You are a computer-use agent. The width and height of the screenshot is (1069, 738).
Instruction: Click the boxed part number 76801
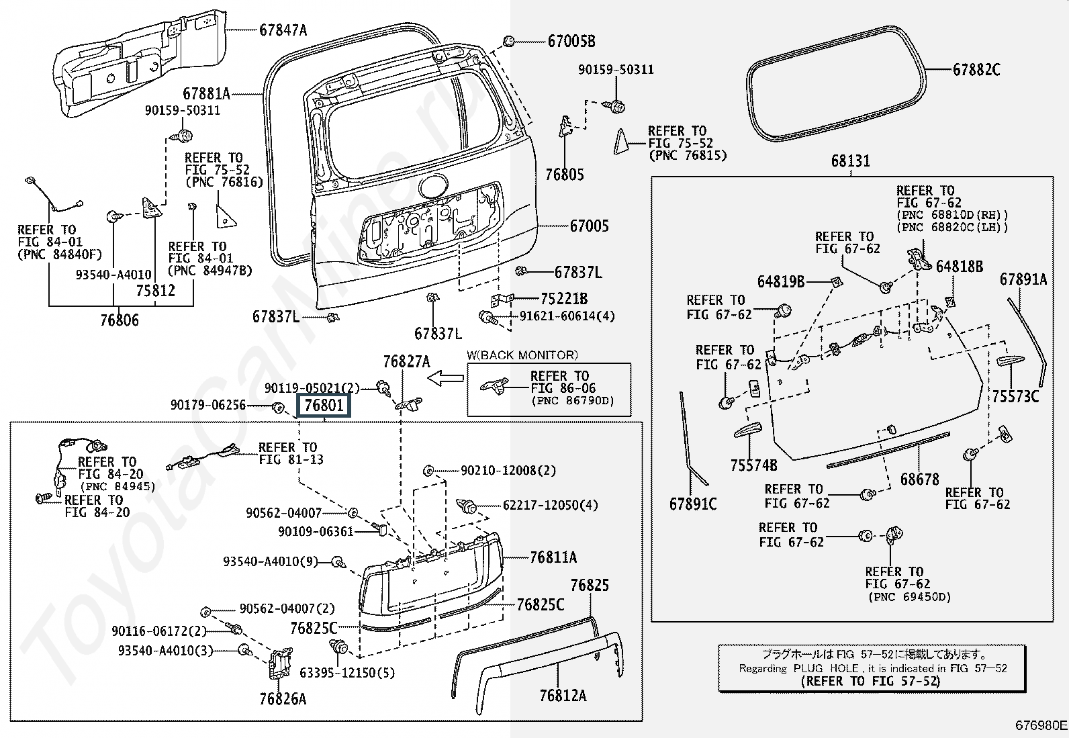pos(324,406)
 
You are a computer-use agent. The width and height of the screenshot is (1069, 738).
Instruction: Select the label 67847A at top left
pos(283,30)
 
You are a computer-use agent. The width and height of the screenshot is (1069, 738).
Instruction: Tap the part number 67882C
pos(976,69)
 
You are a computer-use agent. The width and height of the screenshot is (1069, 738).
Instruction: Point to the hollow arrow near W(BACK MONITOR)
pos(445,379)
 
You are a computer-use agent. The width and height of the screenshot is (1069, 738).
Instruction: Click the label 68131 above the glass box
pos(850,161)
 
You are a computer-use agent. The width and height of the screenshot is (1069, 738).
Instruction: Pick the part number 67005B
pos(571,41)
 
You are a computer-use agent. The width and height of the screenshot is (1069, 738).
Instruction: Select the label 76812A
pos(563,696)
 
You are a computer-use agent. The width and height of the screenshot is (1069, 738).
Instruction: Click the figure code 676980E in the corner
pos(1040,725)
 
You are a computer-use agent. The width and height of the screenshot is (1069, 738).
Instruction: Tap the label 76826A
pos(283,699)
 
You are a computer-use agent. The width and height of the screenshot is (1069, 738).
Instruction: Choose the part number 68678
pos(919,479)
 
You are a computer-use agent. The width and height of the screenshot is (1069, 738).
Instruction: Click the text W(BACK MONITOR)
pos(522,355)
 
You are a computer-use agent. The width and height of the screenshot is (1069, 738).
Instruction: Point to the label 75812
pos(155,290)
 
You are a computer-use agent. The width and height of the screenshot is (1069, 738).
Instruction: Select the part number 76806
pos(120,320)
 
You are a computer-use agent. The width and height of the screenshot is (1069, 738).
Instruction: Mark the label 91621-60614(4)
pos(567,316)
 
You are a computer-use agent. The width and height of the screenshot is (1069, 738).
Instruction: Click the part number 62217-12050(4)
pos(550,505)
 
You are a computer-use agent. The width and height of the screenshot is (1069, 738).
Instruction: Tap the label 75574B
pos(753,465)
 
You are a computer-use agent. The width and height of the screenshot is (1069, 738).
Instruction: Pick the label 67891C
pos(693,504)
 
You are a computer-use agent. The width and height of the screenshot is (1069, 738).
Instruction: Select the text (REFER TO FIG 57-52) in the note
pos(870,681)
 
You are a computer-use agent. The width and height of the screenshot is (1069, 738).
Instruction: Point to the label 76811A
pos(553,557)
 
